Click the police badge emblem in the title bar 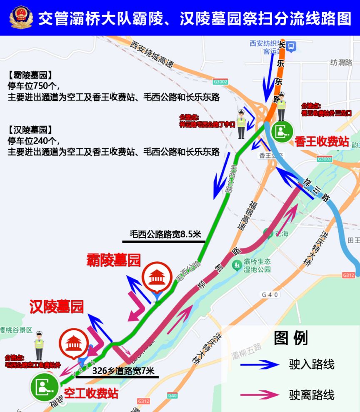pyautogui.click(x=20, y=18)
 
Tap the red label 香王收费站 pyautogui.click(x=322, y=141)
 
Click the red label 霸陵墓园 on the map pyautogui.click(x=113, y=260)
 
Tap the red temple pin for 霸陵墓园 pyautogui.click(x=156, y=277)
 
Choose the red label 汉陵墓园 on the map pyautogui.click(x=56, y=307)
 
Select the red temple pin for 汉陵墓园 pyautogui.click(x=74, y=344)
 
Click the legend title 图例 pyautogui.click(x=291, y=339)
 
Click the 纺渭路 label pyautogui.click(x=341, y=63)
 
